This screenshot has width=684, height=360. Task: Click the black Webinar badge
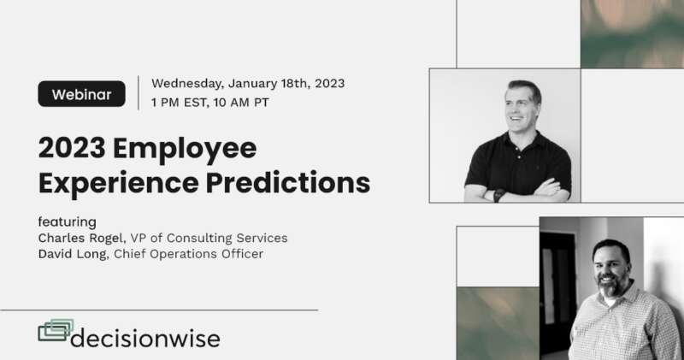coord(81,94)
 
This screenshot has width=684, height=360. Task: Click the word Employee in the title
coord(185,150)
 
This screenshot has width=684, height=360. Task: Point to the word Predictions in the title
coord(288,182)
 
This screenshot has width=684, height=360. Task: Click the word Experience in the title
coord(118,183)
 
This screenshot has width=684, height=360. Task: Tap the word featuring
coord(68,222)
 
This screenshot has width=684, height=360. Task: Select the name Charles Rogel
coord(81,238)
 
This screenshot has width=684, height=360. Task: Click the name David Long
coord(73,254)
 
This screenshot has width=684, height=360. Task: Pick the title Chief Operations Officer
coord(188,254)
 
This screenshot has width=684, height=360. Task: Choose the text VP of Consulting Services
coord(209,238)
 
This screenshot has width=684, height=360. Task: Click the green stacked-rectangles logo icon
coord(56,330)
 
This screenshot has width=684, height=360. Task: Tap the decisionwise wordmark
coord(145,339)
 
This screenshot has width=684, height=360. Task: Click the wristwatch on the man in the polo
coord(498,195)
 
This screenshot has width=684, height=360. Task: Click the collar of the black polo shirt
coord(522,140)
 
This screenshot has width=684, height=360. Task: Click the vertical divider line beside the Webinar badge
coord(139,93)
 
